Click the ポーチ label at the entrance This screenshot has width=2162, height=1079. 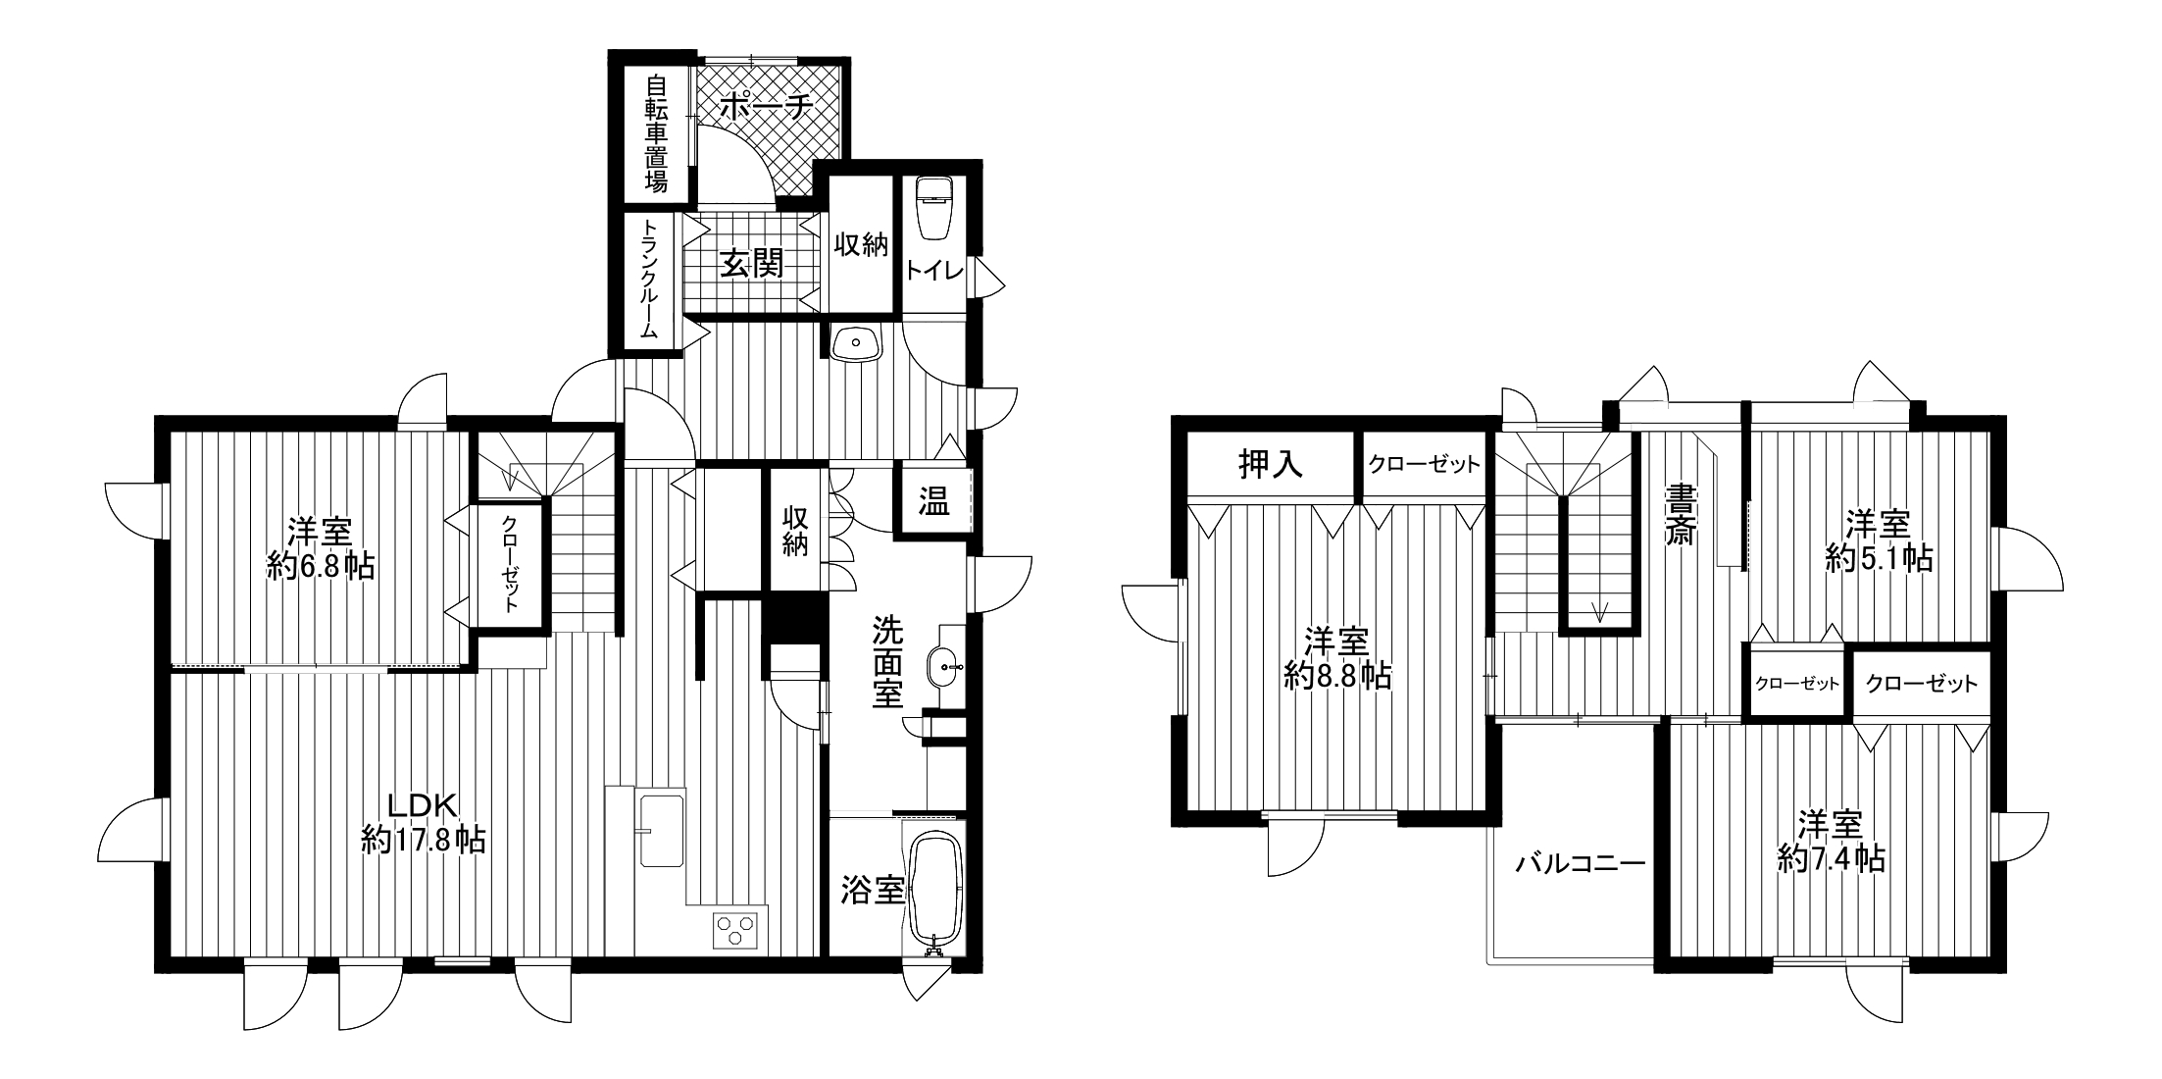pyautogui.click(x=766, y=107)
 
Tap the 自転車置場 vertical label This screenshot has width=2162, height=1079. pyautogui.click(x=656, y=133)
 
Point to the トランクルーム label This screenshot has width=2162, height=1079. pyautogui.click(x=649, y=279)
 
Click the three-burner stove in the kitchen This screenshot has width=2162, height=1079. pyautogui.click(x=735, y=929)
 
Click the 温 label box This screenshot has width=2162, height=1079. pyautogui.click(x=933, y=502)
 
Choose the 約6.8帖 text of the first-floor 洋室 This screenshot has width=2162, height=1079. pyautogui.click(x=321, y=566)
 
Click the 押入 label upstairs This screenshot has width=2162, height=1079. pyautogui.click(x=1271, y=464)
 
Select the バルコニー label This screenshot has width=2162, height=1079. pyautogui.click(x=1580, y=863)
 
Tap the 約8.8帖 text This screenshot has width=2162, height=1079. pyautogui.click(x=1338, y=674)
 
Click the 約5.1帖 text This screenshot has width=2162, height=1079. pyautogui.click(x=1879, y=557)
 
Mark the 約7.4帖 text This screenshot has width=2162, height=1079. pyautogui.click(x=1831, y=858)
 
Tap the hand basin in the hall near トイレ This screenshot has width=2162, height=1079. pyautogui.click(x=857, y=343)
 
